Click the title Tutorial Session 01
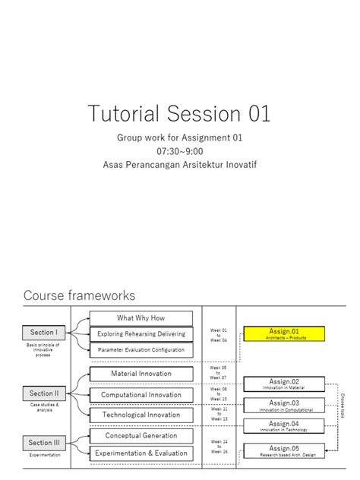(x=179, y=115)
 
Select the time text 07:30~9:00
(x=179, y=151)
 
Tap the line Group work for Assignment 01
(x=179, y=139)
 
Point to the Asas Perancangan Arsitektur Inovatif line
(x=179, y=164)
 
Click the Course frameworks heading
(x=79, y=295)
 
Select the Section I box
(x=43, y=333)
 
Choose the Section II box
(x=43, y=393)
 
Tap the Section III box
(x=43, y=443)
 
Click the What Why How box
(x=141, y=318)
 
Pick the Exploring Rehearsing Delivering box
(x=141, y=334)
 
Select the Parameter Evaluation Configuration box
(x=141, y=350)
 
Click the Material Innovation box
(x=141, y=374)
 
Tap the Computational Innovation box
(x=141, y=395)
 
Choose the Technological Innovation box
(x=141, y=415)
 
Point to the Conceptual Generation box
(x=141, y=436)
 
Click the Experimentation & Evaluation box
(x=141, y=453)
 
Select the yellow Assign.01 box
(x=284, y=333)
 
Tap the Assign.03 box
(x=284, y=405)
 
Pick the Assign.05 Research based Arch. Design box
(x=284, y=450)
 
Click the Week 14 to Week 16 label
(x=219, y=447)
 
